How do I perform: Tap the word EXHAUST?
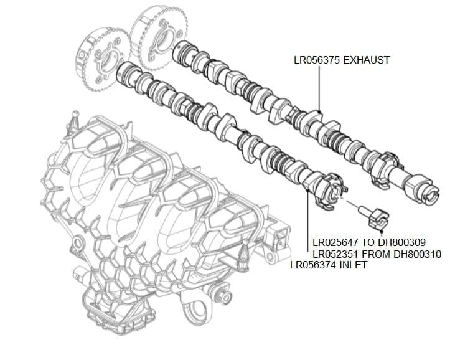[x=368, y=60]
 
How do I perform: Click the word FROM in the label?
[x=377, y=254]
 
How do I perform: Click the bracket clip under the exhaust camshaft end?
[x=381, y=178]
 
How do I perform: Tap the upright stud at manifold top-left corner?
[x=73, y=118]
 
